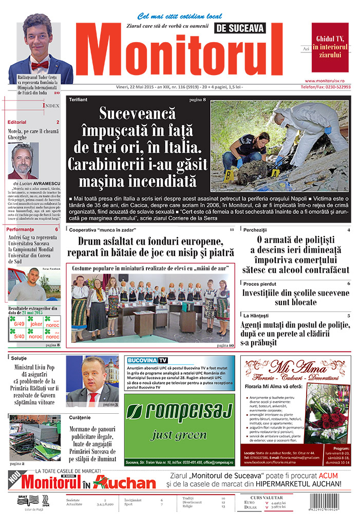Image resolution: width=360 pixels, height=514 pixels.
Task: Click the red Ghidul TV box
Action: point(330,47)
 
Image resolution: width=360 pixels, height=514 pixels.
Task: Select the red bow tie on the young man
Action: point(40,65)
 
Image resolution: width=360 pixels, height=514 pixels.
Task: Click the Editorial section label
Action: point(17,122)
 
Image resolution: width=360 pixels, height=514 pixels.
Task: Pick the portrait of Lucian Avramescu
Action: point(24,160)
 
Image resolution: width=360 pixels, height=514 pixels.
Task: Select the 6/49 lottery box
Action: point(20,324)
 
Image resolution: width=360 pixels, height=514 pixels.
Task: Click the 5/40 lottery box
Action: point(20,336)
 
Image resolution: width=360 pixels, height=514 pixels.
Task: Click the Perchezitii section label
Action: point(255,230)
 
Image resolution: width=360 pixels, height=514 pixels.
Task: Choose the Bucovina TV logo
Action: point(147,360)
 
